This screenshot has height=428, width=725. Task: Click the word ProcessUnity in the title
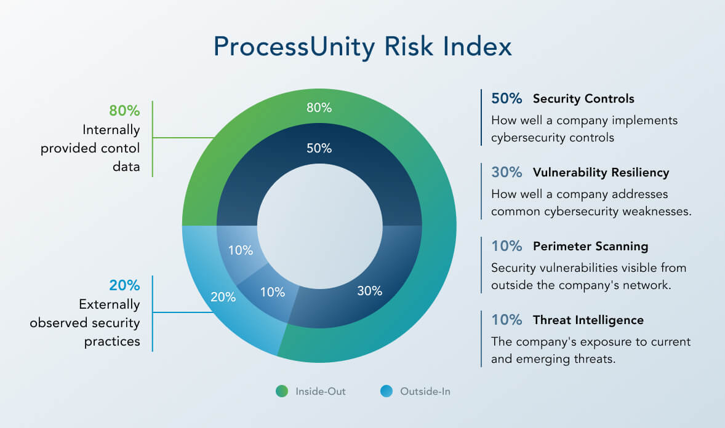[293, 47]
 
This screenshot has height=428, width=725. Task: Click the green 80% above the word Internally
[124, 111]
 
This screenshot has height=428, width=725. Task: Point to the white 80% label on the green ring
[319, 108]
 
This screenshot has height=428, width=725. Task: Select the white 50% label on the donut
[319, 148]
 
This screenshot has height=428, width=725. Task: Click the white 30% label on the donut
[369, 291]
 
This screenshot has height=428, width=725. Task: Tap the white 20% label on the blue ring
[223, 296]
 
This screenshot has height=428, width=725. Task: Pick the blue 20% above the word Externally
[124, 285]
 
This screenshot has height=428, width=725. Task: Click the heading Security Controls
[583, 98]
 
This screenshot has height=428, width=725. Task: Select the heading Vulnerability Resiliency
[601, 172]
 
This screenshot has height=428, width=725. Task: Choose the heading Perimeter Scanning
[590, 246]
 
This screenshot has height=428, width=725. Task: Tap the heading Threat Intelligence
[588, 320]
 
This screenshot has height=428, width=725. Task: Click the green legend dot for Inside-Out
[282, 391]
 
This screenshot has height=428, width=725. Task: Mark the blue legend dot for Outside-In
[387, 391]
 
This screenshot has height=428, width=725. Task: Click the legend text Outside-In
[425, 391]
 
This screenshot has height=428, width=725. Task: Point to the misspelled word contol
[122, 149]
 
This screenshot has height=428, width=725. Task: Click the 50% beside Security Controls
[507, 98]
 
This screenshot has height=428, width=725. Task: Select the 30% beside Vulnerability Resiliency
[507, 172]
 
